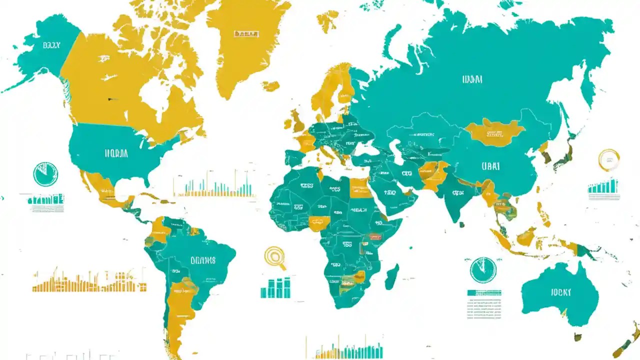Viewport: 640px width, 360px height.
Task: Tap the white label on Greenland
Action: [x=246, y=33]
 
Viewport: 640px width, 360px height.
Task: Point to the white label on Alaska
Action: [x=51, y=45]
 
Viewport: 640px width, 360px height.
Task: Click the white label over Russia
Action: [x=472, y=79]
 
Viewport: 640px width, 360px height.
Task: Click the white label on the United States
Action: [x=116, y=153]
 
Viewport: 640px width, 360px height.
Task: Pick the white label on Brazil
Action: [x=202, y=260]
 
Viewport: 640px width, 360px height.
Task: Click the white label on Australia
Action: [x=561, y=292]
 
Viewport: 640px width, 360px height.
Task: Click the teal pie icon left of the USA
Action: [x=45, y=174]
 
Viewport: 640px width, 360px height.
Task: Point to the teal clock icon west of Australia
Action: [x=483, y=270]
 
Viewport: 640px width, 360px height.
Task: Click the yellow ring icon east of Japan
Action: [x=609, y=159]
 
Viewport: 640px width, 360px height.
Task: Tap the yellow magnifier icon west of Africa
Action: [x=274, y=257]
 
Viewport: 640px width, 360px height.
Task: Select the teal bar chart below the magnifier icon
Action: [x=275, y=287]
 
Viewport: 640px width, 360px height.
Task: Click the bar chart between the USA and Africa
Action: [x=213, y=185]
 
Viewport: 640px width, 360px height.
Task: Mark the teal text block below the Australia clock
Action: [x=484, y=304]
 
